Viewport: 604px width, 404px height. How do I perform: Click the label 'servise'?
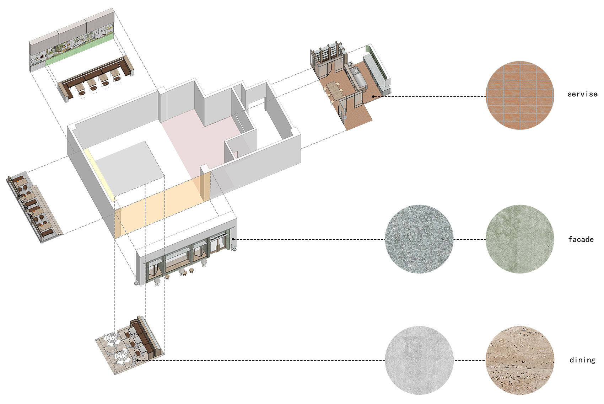click(x=582, y=94)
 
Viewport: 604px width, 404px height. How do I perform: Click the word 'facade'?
click(x=581, y=239)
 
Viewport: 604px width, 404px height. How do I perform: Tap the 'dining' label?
click(x=582, y=360)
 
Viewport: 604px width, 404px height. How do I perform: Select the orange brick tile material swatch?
click(x=519, y=95)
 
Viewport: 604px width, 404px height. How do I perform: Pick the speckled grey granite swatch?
click(x=419, y=239)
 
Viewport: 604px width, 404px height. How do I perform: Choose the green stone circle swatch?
click(x=519, y=239)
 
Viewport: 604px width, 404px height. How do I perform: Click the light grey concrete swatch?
click(x=419, y=360)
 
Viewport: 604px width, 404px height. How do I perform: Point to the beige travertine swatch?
click(x=519, y=360)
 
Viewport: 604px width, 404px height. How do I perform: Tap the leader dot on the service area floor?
click(x=373, y=96)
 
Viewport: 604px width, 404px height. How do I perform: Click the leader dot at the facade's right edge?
click(x=233, y=239)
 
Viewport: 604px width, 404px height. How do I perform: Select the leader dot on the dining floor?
click(x=137, y=360)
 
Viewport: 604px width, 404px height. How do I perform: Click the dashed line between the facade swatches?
click(x=469, y=239)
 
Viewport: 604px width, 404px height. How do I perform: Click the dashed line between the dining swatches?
click(x=469, y=360)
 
